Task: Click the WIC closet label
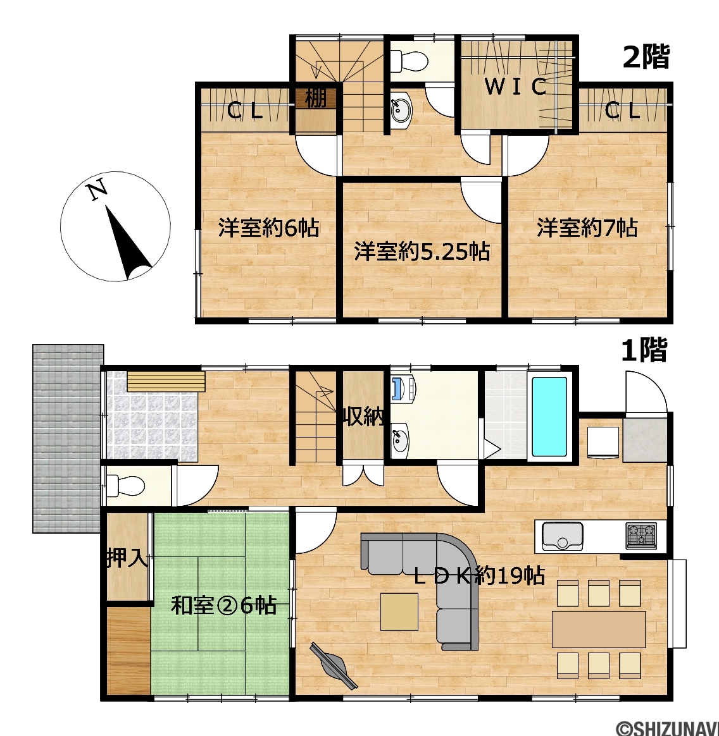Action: [516, 87]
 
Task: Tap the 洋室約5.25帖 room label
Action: [422, 251]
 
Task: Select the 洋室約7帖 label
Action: [587, 228]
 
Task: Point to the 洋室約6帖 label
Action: [268, 228]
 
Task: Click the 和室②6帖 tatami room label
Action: [223, 605]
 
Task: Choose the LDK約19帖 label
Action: [479, 575]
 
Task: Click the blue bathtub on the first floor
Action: [549, 417]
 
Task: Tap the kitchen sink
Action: [563, 536]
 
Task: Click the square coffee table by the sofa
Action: [399, 611]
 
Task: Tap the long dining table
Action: [599, 629]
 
